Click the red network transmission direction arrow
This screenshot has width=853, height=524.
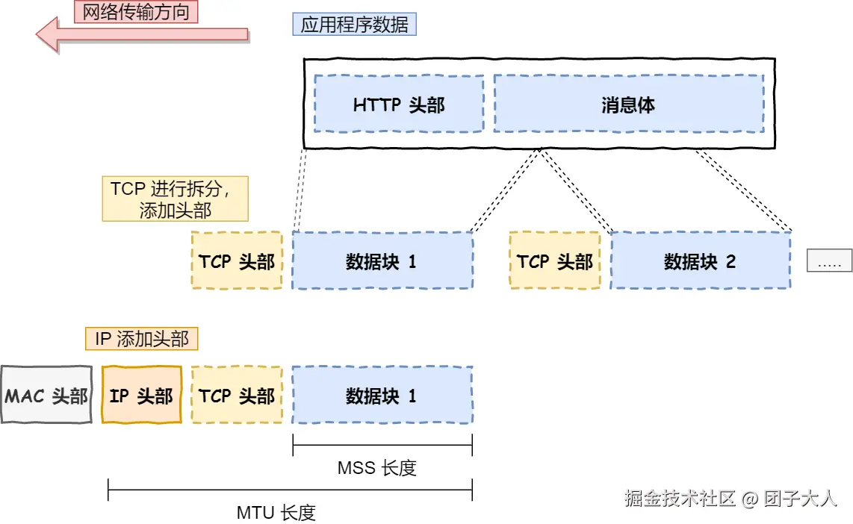click(142, 34)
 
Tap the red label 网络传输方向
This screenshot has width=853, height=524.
click(136, 11)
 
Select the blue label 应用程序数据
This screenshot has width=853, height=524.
click(354, 25)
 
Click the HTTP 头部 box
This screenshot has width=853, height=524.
click(399, 104)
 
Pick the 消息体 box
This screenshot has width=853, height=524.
click(628, 104)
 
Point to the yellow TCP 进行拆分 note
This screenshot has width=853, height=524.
click(175, 199)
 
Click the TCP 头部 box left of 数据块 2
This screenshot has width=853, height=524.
click(555, 261)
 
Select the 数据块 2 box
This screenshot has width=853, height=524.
click(700, 261)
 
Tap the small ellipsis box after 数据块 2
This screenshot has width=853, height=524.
click(829, 261)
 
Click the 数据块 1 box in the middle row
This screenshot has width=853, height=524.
click(382, 261)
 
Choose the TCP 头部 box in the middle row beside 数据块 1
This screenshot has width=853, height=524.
click(237, 261)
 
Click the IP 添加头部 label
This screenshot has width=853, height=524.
click(141, 339)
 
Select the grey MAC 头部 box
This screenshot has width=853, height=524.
click(46, 395)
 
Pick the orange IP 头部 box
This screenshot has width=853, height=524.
click(141, 395)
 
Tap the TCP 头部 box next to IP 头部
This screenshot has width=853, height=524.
click(237, 395)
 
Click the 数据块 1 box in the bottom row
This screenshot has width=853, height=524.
click(382, 395)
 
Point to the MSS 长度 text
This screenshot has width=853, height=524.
click(376, 468)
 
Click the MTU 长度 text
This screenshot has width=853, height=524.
click(276, 512)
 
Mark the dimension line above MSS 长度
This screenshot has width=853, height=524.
click(382, 447)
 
